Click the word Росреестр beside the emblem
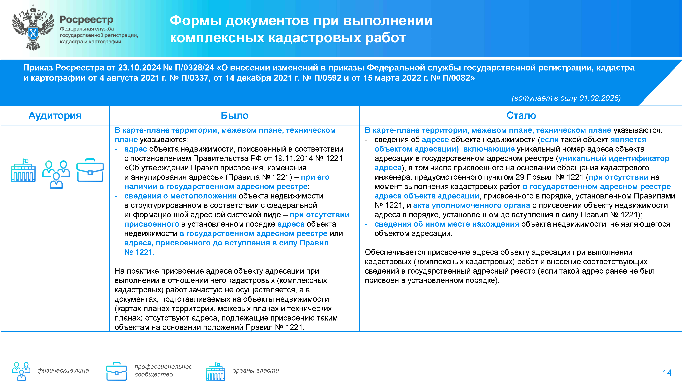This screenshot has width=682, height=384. (x=86, y=20)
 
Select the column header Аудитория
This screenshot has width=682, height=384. (x=55, y=116)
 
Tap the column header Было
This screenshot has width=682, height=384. (x=235, y=116)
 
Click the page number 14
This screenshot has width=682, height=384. (x=667, y=373)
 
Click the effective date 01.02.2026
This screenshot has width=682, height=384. (x=599, y=98)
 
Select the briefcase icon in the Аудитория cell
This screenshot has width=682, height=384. (x=90, y=170)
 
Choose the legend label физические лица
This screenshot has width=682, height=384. (x=63, y=371)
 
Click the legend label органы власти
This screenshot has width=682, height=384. (x=255, y=371)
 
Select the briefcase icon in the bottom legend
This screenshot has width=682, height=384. (x=116, y=371)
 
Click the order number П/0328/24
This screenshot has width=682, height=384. (x=194, y=68)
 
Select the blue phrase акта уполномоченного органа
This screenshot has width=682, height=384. (x=471, y=205)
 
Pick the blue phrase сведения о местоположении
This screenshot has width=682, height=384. (x=180, y=196)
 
